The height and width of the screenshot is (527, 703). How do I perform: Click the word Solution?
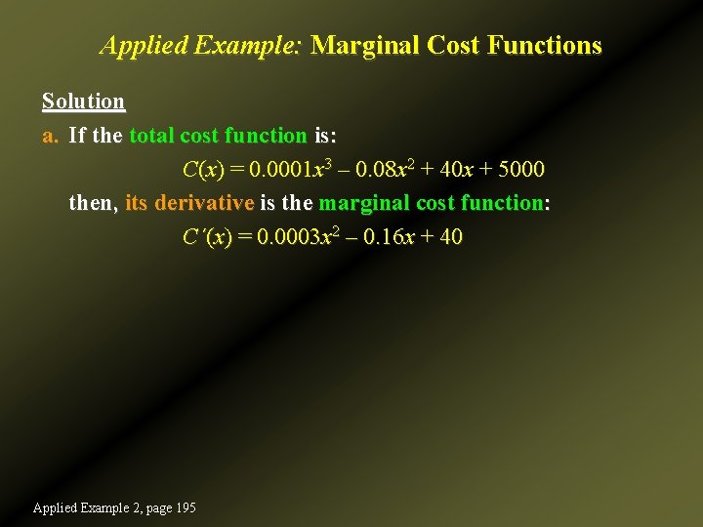click(x=83, y=101)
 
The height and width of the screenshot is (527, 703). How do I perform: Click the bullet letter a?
click(x=50, y=136)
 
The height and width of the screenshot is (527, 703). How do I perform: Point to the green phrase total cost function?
click(x=218, y=136)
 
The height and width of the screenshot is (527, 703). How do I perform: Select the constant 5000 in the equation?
click(x=521, y=170)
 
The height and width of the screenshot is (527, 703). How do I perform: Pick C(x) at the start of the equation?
click(x=203, y=170)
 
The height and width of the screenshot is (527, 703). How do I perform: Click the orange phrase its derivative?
click(x=189, y=203)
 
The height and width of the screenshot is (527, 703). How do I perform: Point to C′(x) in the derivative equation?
click(x=206, y=237)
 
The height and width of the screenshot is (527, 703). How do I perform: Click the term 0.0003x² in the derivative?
click(x=290, y=237)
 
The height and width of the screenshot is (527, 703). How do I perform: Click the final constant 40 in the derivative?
click(x=450, y=237)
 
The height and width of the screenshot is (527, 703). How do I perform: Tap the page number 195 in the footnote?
click(x=184, y=507)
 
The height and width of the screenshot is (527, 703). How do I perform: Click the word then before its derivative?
click(x=94, y=203)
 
